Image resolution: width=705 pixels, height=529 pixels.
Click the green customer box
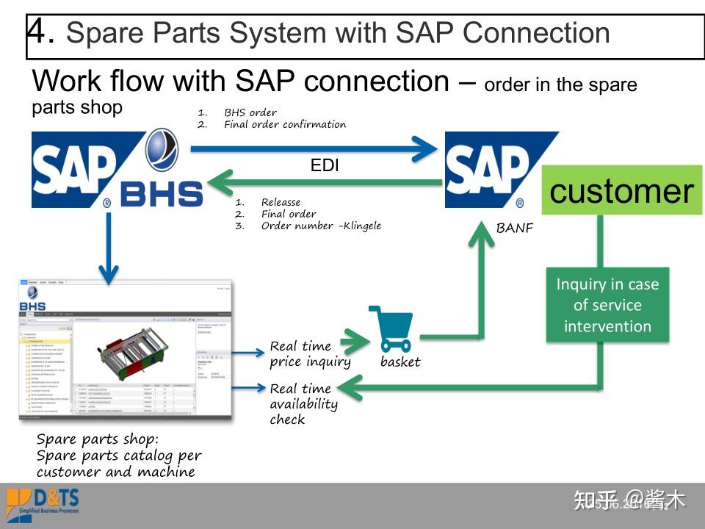[621, 191]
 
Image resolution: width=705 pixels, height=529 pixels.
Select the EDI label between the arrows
[325, 166]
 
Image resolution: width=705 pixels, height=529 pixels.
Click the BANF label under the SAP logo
[514, 228]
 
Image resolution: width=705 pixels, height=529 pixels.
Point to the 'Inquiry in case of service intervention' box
[607, 305]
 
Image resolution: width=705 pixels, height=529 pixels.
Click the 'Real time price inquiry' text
[310, 353]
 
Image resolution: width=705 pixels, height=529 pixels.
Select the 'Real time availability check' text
[303, 403]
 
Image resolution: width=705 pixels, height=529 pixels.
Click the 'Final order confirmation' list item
[284, 124]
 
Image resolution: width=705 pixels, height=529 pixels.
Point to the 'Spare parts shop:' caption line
[97, 439]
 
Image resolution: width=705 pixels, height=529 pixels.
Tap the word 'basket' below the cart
[400, 361]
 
